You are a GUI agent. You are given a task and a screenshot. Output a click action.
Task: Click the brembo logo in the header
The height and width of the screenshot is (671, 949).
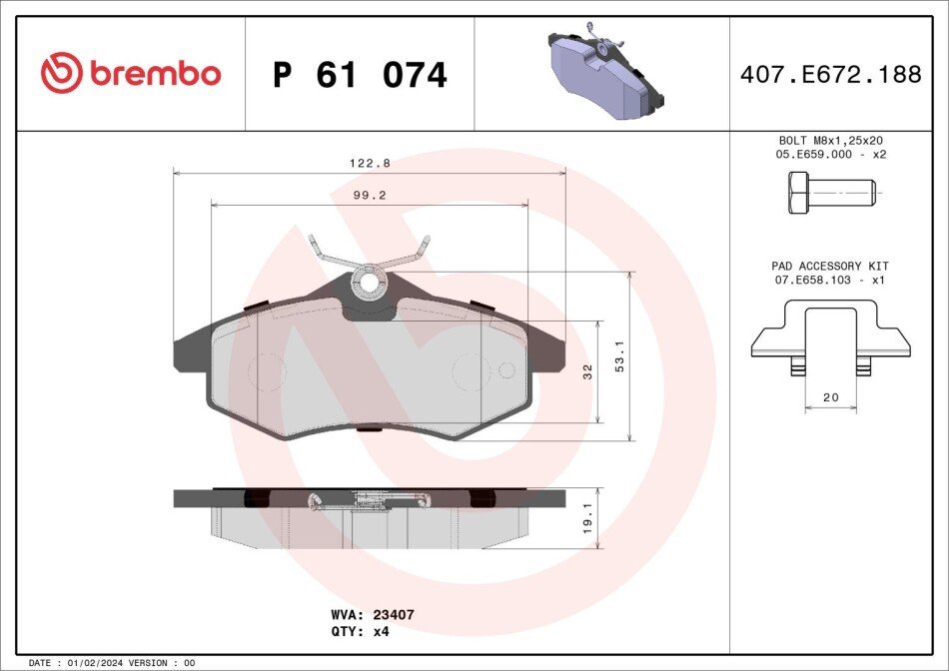tap(130, 74)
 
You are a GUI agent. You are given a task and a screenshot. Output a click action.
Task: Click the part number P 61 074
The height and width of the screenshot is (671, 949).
tap(360, 75)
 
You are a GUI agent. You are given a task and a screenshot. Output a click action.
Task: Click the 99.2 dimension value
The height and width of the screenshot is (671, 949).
tap(370, 196)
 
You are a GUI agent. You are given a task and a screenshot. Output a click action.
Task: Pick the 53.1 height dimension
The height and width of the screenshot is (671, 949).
tap(619, 356)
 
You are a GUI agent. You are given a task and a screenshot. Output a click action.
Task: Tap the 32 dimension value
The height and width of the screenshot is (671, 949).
tap(588, 371)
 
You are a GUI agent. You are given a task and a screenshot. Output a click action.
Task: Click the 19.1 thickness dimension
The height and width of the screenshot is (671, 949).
tap(588, 518)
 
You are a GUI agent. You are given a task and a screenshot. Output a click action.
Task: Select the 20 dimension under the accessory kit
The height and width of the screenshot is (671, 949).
tap(830, 397)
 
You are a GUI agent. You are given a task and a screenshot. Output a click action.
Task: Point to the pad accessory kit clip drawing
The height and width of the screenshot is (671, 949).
tap(830, 339)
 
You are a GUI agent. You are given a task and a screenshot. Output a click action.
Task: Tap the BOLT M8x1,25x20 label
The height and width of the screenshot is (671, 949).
tap(830, 141)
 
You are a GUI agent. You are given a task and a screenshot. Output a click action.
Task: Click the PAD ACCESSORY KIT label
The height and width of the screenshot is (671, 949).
tap(830, 266)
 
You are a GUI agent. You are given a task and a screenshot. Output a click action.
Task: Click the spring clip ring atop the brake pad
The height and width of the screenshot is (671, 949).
tap(369, 283)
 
